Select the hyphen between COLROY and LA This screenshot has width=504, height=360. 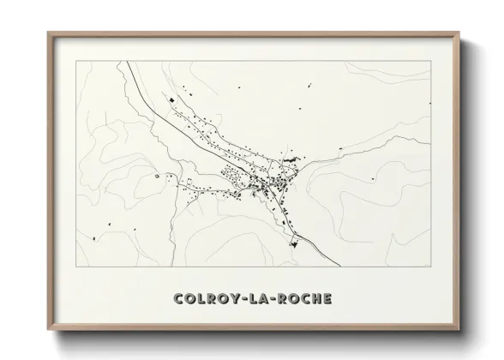(x=242, y=300)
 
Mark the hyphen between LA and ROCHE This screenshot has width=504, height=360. (x=273, y=300)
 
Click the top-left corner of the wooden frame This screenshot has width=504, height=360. (x=48, y=33)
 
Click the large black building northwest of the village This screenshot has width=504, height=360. (x=170, y=102)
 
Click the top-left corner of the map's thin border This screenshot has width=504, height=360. (x=77, y=61)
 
